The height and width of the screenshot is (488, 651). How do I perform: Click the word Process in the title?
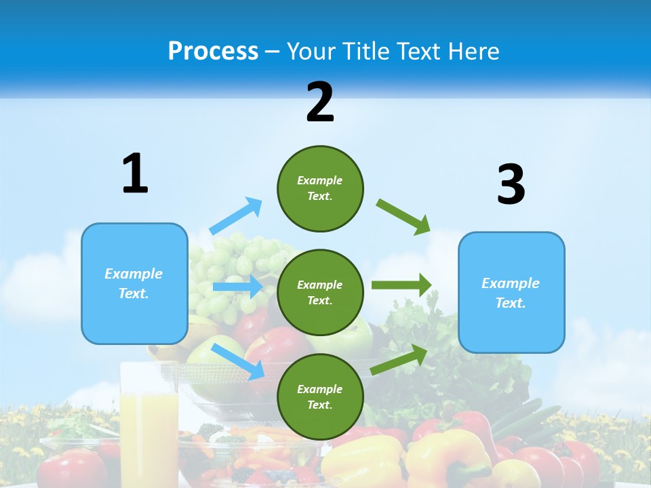(x=213, y=51)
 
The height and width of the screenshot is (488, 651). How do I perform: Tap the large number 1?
(x=135, y=174)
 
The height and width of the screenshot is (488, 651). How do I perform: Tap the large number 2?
(x=319, y=102)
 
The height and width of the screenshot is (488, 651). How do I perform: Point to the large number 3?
(x=511, y=184)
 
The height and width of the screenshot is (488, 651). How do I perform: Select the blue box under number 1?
(x=134, y=283)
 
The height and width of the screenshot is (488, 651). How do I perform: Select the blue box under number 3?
(x=511, y=292)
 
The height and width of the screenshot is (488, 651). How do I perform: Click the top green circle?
(x=320, y=188)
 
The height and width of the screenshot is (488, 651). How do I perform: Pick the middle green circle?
(x=320, y=292)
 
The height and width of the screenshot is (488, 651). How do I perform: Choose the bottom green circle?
(x=320, y=396)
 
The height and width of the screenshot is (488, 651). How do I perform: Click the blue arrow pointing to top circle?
(x=236, y=216)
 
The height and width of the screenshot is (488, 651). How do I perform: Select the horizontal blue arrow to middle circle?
(x=237, y=287)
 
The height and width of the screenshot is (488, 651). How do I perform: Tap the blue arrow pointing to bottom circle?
(x=238, y=361)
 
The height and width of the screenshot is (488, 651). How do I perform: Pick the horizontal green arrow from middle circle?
(x=401, y=285)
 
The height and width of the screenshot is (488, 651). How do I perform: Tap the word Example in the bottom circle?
(x=319, y=389)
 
